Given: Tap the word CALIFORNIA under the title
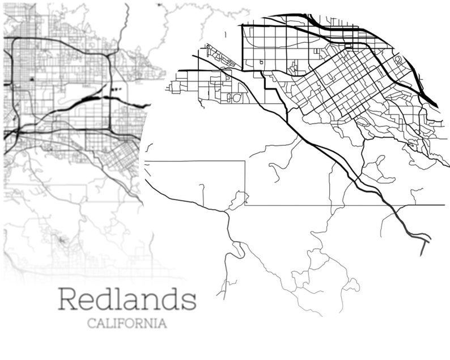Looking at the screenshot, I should point(127,324).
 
